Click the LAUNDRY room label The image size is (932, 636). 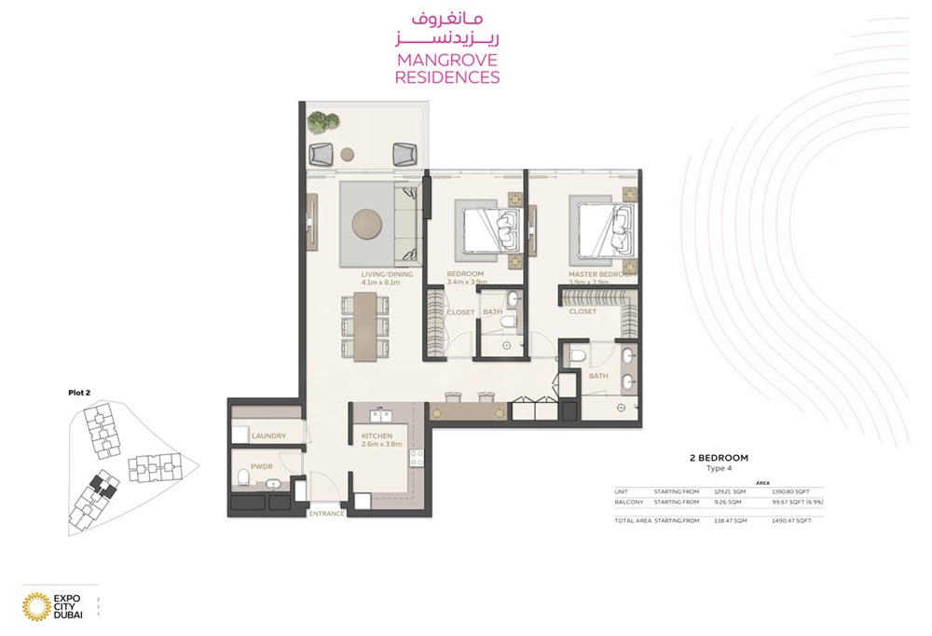click(267, 436)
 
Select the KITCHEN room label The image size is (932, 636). click(378, 436)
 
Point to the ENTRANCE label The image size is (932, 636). click(327, 513)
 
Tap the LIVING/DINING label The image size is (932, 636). click(387, 274)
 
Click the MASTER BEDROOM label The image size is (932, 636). click(602, 274)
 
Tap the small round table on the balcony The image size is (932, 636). click(348, 153)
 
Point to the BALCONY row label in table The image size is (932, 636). click(628, 502)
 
